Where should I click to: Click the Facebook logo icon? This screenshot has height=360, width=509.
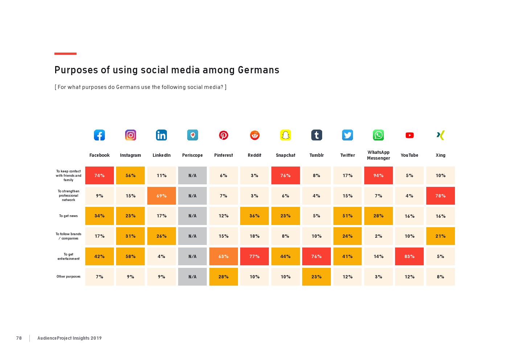99,135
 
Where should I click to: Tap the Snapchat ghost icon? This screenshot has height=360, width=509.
286,135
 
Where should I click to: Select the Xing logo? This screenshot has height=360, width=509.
440,135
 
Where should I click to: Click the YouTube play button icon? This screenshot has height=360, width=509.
410,135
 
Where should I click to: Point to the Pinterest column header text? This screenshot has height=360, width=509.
223,155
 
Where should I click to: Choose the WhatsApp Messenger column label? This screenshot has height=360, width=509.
378,155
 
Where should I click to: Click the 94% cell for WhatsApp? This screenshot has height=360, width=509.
378,176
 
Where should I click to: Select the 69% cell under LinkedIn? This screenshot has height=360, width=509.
161,196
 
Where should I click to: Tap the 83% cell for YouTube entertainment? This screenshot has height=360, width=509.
410,257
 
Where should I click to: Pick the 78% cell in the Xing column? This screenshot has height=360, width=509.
440,196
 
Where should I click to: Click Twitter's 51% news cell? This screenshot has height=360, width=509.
348,216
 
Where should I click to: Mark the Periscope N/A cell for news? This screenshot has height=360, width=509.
192,216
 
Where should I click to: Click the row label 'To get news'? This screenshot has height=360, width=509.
69,216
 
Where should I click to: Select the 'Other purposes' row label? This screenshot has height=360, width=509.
69,277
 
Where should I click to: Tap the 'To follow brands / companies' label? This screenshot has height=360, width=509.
69,236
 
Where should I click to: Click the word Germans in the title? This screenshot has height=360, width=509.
258,70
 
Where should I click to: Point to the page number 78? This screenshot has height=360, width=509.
19,338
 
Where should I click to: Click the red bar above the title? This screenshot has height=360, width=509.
65,54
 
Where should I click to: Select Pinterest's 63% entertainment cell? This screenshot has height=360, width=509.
223,257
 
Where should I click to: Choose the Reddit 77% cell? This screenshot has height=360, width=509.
254,257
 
